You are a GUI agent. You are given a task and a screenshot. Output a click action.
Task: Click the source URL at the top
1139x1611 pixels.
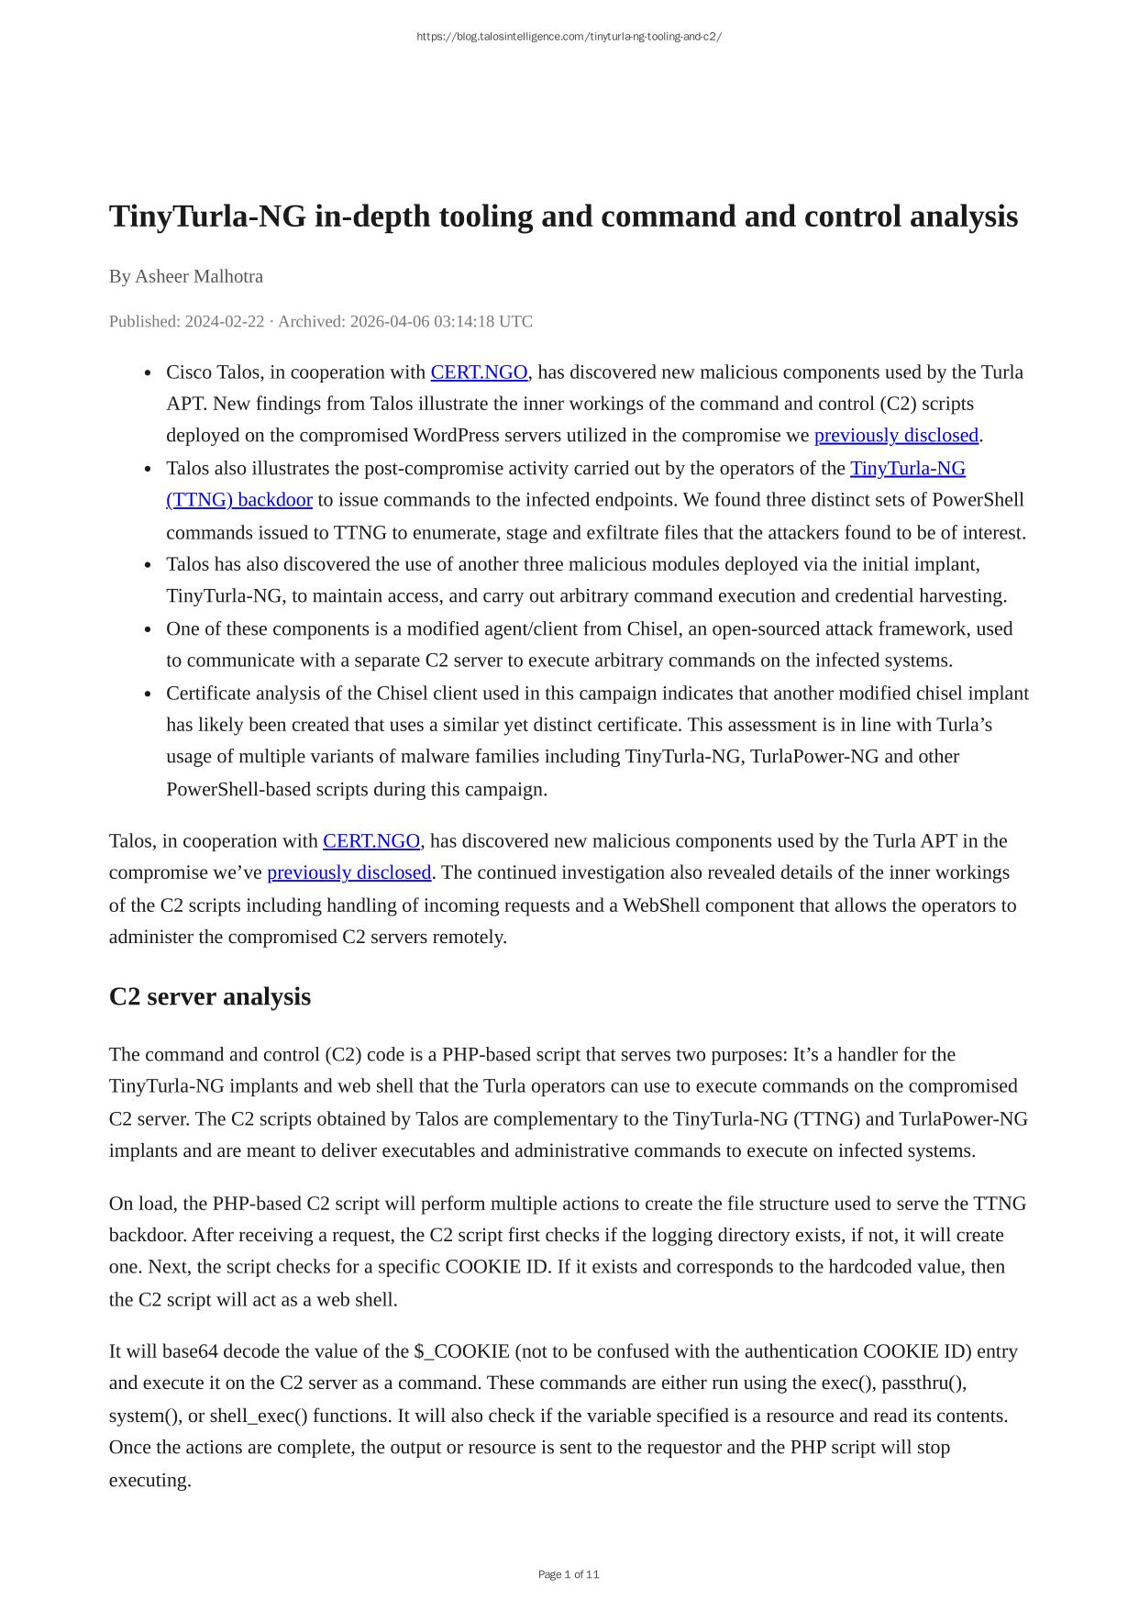click(569, 37)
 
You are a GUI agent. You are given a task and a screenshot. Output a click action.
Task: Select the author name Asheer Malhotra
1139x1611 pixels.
click(199, 276)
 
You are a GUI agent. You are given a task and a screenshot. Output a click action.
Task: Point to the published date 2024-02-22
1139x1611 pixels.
click(225, 321)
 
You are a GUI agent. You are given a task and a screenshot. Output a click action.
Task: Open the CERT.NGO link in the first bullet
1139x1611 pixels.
click(479, 372)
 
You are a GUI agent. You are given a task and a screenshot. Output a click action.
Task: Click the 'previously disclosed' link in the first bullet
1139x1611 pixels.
click(896, 435)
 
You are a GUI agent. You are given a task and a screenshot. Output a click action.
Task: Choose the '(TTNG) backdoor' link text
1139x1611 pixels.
click(239, 500)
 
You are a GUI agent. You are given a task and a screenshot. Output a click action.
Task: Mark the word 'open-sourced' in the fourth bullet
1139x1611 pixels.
click(742, 629)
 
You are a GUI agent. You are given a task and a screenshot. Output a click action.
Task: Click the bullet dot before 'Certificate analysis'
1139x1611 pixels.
click(148, 694)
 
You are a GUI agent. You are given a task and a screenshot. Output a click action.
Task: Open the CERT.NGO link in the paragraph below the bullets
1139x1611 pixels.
click(371, 841)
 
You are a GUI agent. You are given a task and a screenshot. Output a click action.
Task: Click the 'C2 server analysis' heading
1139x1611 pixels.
click(210, 996)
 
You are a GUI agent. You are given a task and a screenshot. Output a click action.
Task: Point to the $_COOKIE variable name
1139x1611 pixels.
click(461, 1351)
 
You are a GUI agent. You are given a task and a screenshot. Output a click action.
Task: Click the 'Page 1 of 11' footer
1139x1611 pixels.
click(569, 1574)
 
